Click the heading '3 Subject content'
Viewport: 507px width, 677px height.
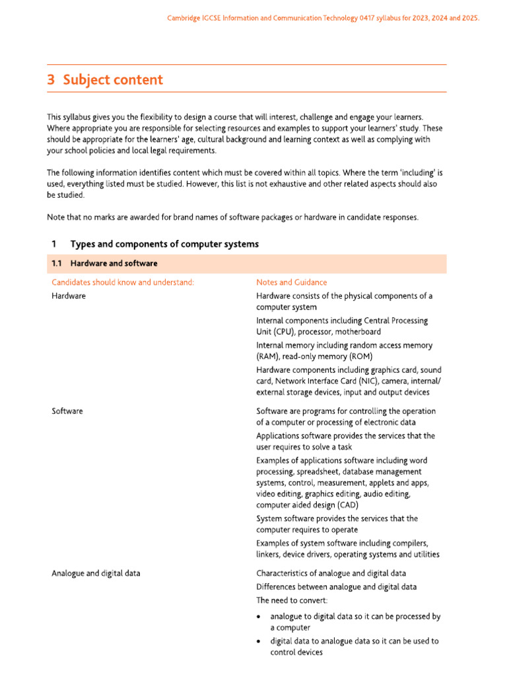tap(104, 80)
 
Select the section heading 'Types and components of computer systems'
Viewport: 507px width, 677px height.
tap(164, 244)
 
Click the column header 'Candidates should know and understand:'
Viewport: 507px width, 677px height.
tap(123, 282)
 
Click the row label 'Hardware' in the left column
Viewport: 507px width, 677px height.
tap(69, 296)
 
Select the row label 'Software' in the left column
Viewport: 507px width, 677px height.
tap(67, 411)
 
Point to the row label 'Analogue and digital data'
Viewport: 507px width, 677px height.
tap(96, 573)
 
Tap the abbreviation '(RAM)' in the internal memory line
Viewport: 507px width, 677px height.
tap(269, 356)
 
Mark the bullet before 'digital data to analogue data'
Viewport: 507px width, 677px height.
tap(259, 642)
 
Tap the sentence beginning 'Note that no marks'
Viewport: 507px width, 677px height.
tap(232, 218)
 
